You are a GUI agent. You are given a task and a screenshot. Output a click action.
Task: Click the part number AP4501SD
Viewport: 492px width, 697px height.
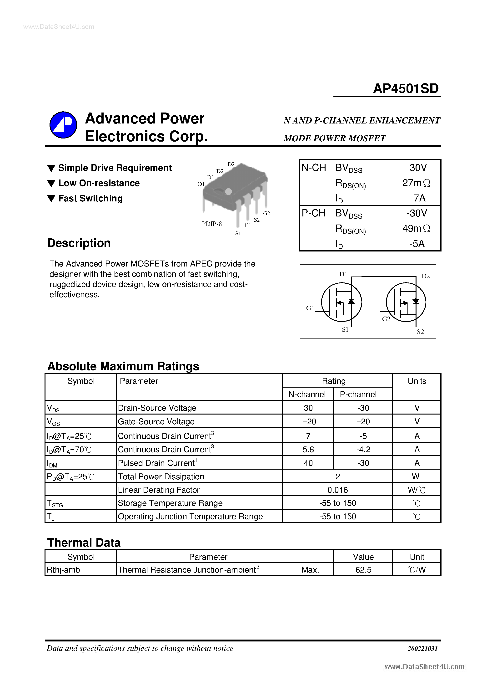point(406,89)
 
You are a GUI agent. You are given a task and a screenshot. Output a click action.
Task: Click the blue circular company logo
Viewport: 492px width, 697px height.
point(63,125)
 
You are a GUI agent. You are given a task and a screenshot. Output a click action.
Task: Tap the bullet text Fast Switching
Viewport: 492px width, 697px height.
point(90,199)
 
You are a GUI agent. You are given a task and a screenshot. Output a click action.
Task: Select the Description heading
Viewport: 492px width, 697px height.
point(79,243)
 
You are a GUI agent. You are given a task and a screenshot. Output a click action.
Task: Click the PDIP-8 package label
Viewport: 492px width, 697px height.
point(211,224)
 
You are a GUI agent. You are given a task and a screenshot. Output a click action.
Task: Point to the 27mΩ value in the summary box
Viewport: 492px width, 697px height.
point(416,183)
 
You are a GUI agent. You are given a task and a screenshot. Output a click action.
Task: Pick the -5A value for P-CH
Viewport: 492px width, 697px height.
point(417,244)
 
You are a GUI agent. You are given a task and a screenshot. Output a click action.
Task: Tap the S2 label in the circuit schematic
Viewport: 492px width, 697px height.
point(420,332)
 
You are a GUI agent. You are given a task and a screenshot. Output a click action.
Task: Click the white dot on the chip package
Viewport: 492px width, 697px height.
point(228,192)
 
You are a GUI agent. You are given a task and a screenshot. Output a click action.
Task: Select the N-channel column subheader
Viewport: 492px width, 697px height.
point(307,394)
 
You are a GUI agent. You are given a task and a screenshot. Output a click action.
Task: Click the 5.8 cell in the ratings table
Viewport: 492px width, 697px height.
point(308,450)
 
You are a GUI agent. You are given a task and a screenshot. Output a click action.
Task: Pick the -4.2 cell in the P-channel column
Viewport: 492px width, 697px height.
point(363,450)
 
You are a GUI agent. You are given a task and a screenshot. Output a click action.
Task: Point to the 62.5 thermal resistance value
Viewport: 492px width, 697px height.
point(363,570)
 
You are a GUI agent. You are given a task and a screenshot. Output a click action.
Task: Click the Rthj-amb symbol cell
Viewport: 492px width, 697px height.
point(63,570)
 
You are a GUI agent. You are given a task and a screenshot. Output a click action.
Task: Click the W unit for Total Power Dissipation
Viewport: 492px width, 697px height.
point(416,477)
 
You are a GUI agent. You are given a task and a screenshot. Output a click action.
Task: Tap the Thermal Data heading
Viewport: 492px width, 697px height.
point(84,543)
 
